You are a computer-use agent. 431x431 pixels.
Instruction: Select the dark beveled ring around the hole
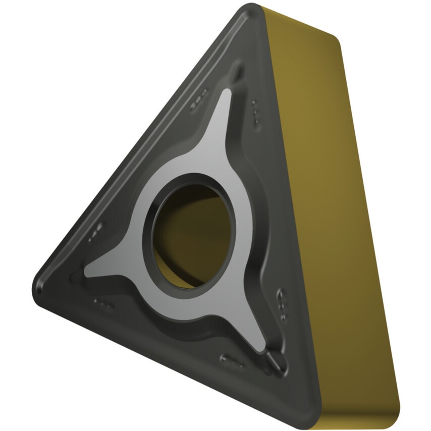coord(151,212)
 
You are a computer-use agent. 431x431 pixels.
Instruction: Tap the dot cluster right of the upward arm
coord(255,112)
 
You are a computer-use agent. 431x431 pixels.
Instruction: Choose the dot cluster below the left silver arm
coord(102,303)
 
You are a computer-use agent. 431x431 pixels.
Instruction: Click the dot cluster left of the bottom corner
coord(233,359)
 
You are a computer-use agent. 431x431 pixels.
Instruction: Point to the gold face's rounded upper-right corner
coord(336,40)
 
